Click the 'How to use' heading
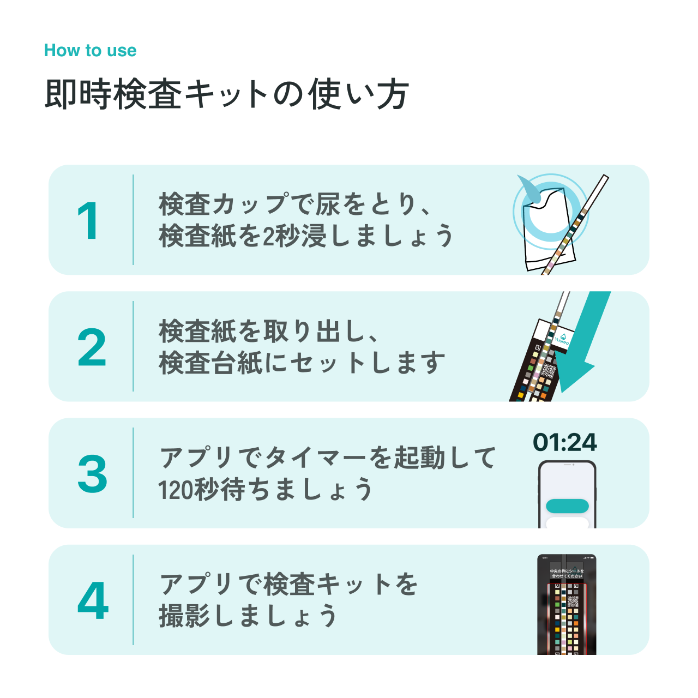tap(90, 51)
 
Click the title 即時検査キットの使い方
tap(226, 94)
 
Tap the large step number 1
tap(88, 221)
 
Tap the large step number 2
tap(92, 347)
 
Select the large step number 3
tap(92, 473)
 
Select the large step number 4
tap(93, 600)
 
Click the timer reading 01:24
tap(565, 442)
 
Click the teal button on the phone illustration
tap(567, 506)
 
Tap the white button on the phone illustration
tap(567, 523)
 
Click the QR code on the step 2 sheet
tap(548, 371)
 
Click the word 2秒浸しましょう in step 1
tap(357, 236)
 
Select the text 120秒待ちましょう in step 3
tap(266, 490)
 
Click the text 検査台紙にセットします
tap(302, 363)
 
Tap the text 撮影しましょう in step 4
tap(248, 616)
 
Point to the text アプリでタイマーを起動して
tap(328, 457)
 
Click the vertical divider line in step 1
tap(133, 220)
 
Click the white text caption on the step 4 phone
tap(567, 573)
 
